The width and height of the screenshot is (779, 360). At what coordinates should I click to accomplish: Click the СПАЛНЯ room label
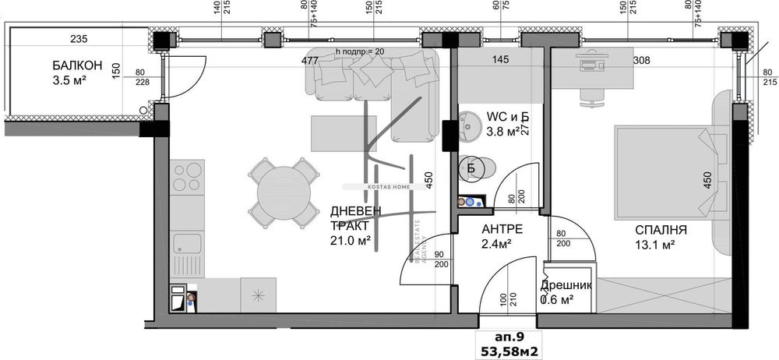[x=661, y=230]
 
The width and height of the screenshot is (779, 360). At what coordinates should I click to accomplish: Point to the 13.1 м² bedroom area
[x=654, y=245]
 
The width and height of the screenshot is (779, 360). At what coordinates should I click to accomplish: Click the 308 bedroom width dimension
[x=640, y=60]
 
